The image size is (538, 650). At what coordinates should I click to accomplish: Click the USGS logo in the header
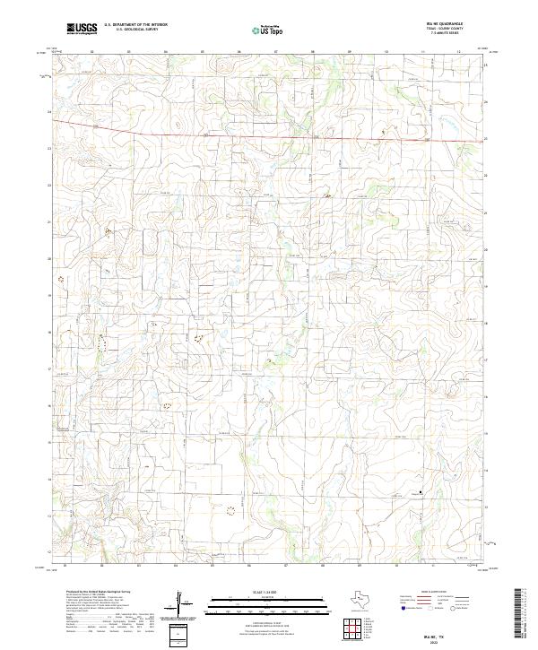click(82, 29)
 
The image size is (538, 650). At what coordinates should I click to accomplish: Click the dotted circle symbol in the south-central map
click(231, 510)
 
